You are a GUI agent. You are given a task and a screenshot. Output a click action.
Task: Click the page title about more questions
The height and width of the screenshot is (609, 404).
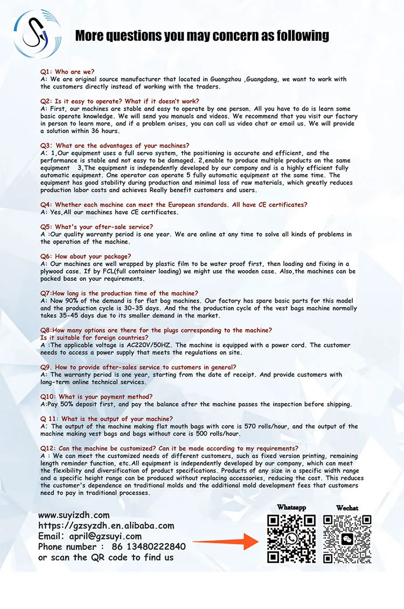[x=202, y=36]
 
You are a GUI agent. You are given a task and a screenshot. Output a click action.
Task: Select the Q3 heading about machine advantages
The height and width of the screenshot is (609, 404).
[x=115, y=146]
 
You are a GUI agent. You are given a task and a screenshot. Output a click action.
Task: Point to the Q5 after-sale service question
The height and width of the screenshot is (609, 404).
[x=97, y=227]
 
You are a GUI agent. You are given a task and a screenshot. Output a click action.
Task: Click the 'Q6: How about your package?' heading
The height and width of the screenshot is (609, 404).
[x=86, y=256]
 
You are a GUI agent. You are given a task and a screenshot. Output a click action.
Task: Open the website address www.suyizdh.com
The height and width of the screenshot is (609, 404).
[x=74, y=515]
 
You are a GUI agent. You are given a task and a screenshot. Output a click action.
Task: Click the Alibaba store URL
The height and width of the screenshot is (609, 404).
[x=106, y=525]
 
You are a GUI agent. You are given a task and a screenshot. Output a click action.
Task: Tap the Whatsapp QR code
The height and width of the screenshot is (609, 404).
[x=291, y=539]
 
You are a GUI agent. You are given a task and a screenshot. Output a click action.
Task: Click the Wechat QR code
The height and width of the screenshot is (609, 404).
[x=347, y=539]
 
